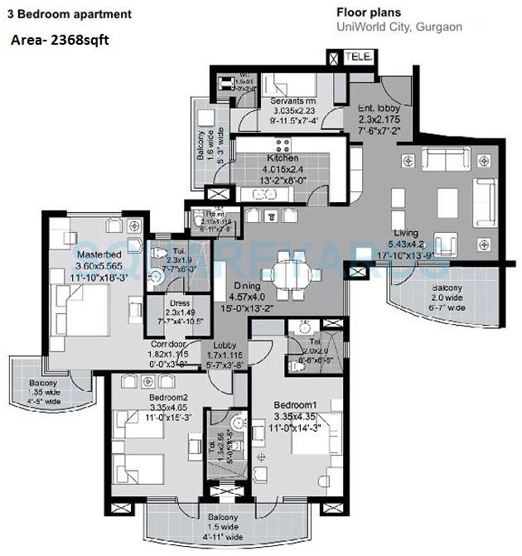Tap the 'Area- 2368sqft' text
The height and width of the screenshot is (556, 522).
pyautogui.click(x=60, y=39)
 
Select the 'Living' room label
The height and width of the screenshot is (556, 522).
pyautogui.click(x=405, y=233)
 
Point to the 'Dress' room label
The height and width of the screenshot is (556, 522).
pyautogui.click(x=180, y=303)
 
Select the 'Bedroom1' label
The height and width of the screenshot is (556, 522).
pyautogui.click(x=296, y=404)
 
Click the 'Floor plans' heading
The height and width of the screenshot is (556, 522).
pyautogui.click(x=368, y=12)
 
